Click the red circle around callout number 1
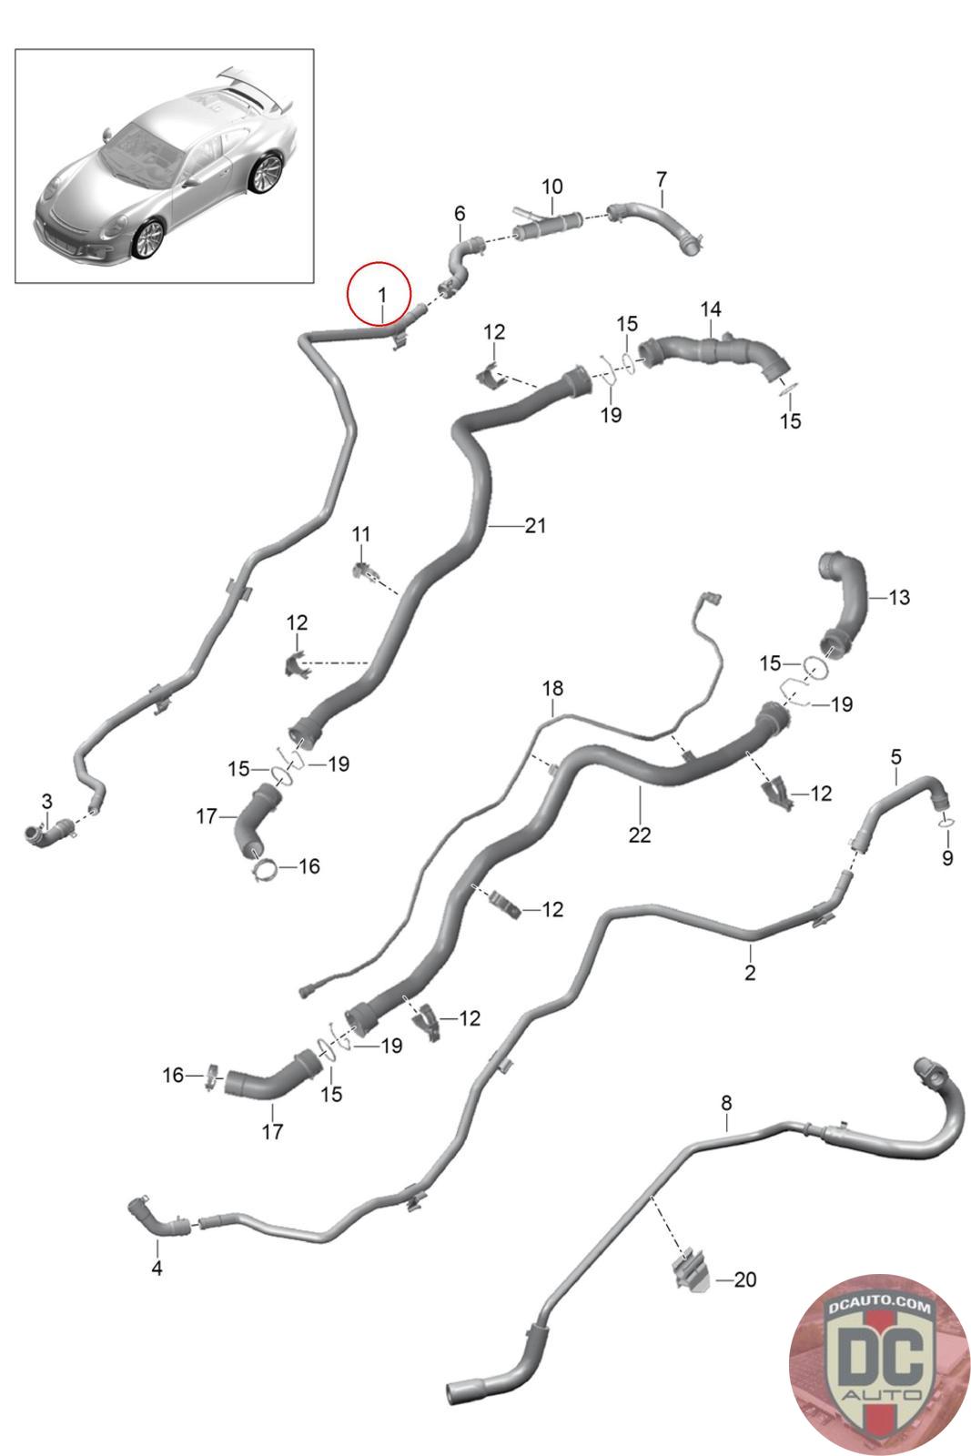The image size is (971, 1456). click(379, 293)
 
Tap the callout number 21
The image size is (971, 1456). click(535, 525)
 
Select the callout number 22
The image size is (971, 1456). click(639, 834)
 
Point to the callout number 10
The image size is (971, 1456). click(552, 187)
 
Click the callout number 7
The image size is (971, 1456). click(662, 178)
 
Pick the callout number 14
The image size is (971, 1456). click(711, 309)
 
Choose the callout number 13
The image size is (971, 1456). click(899, 598)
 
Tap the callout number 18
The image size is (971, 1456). click(552, 689)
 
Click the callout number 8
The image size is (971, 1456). click(726, 1103)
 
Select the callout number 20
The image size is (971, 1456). click(744, 1279)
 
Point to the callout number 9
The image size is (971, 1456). click(947, 857)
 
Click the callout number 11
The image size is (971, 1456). click(361, 533)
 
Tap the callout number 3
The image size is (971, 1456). click(46, 802)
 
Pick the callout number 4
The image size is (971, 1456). click(157, 1268)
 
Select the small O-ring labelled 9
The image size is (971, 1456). click(946, 824)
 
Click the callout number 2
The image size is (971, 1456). click(750, 973)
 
